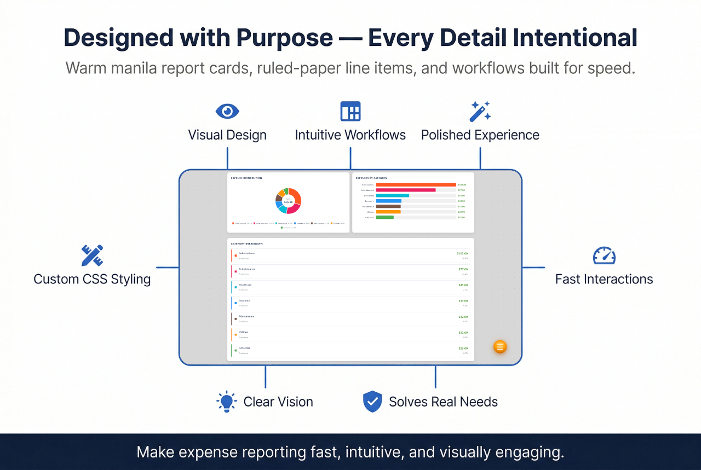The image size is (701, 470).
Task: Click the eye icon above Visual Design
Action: [227, 111]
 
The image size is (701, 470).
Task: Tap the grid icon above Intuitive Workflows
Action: [350, 111]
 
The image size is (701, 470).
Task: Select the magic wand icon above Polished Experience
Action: [480, 111]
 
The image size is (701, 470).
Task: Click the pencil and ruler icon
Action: [92, 256]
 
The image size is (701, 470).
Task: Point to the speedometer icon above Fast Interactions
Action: [604, 256]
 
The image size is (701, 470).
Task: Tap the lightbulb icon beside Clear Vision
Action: [226, 402]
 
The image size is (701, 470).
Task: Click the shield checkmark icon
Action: [372, 402]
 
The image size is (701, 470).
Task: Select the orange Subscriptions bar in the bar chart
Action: [416, 185]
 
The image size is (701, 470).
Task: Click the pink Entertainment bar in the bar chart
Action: [406, 190]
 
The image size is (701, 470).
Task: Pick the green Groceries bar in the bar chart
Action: [385, 217]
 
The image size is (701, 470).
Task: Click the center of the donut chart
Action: [289, 201]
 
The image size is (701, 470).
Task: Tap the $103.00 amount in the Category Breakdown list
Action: [462, 253]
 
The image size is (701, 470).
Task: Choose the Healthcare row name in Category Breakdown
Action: [246, 285]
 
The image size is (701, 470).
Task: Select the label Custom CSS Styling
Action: [92, 279]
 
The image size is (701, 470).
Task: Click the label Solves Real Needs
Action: [443, 402]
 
